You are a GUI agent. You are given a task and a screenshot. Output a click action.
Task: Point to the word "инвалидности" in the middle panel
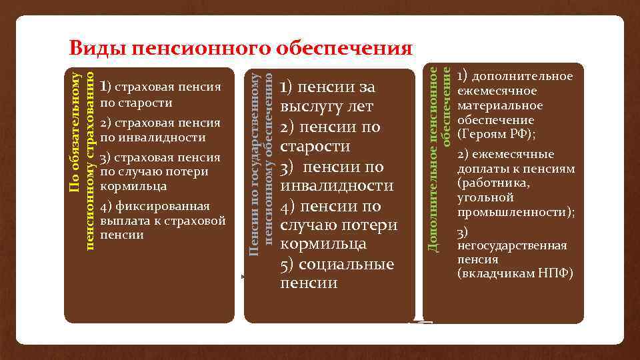point(337,185)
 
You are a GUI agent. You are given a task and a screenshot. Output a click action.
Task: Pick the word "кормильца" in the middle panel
point(323,244)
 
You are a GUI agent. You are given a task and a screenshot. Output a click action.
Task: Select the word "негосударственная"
point(512,245)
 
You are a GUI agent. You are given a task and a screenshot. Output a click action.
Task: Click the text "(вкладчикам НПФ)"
point(515,274)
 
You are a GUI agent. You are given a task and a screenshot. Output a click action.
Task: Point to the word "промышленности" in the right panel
point(514,213)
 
